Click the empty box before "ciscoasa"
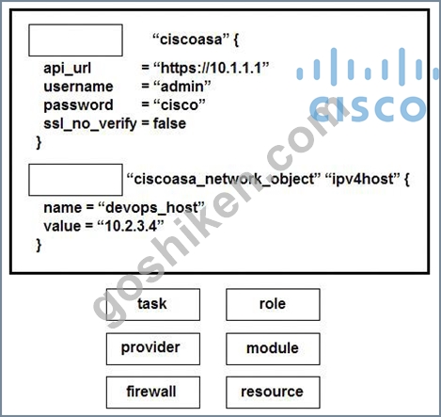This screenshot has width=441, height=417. click(75, 40)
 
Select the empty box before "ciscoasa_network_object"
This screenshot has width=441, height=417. click(75, 180)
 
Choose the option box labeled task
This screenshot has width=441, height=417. click(153, 305)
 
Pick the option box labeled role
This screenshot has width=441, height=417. click(273, 305)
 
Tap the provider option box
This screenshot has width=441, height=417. click(153, 349)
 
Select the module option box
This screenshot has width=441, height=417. click(273, 349)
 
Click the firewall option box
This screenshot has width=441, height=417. click(153, 393)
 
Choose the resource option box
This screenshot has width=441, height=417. click(273, 393)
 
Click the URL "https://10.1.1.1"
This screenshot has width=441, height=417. click(212, 68)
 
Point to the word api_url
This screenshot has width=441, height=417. click(68, 69)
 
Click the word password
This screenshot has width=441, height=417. click(78, 105)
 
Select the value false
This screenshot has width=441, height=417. click(169, 123)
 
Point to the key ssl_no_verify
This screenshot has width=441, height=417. click(90, 124)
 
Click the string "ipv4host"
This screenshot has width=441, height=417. click(363, 180)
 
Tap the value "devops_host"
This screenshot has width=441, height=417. click(151, 208)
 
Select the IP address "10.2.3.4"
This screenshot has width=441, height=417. click(131, 226)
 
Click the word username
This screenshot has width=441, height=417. click(78, 87)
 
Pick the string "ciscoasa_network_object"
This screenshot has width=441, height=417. click(224, 180)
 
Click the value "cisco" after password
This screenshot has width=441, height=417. click(180, 105)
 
